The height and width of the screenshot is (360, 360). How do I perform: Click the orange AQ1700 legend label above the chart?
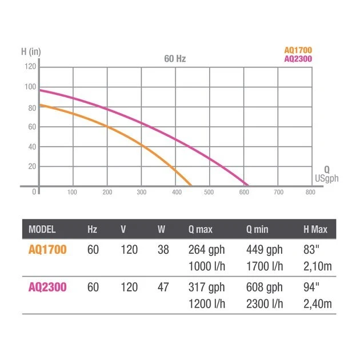[298, 50]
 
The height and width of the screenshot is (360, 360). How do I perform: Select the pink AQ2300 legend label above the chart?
[298, 58]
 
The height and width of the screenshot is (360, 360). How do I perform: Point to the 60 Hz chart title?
[174, 59]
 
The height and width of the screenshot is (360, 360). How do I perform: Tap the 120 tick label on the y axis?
[30, 67]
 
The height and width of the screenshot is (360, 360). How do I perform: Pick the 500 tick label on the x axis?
[209, 193]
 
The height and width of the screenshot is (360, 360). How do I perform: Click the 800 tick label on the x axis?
[310, 193]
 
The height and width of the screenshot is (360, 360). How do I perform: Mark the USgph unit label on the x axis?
[327, 179]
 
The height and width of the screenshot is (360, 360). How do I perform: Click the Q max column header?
[200, 230]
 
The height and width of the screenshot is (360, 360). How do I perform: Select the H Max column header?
[315, 230]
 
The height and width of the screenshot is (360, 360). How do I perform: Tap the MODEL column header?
[42, 230]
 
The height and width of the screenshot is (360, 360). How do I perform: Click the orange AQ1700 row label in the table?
[47, 249]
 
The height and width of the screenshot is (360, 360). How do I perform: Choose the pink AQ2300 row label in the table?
[47, 287]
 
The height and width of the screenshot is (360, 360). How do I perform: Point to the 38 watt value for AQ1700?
[163, 249]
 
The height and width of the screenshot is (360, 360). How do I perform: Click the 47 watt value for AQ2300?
[163, 287]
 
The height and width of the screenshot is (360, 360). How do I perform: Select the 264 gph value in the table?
[206, 249]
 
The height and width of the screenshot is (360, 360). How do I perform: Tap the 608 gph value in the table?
[264, 287]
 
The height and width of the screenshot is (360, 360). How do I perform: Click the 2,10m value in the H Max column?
[317, 266]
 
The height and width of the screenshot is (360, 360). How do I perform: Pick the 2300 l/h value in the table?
[265, 303]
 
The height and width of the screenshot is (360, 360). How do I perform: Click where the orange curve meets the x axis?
[191, 186]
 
